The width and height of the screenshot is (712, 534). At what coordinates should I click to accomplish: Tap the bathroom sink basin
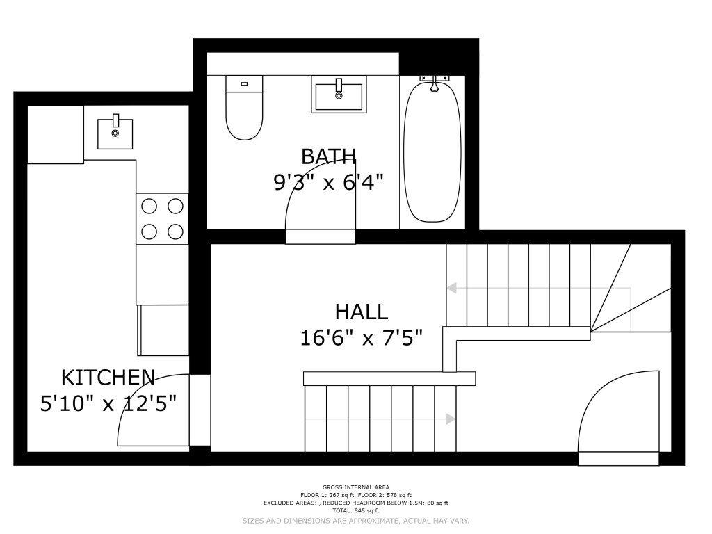pos(339,94)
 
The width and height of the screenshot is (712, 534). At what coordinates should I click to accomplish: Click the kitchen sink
pos(115,133)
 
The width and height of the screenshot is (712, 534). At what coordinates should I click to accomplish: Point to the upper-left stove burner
pos(149,206)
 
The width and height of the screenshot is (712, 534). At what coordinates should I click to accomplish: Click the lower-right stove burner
pos(175,232)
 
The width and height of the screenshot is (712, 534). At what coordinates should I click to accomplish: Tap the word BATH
pos(328,156)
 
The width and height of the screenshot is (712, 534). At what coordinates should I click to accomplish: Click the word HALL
pos(362,312)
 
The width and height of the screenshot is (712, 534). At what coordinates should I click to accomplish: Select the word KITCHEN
pos(108,378)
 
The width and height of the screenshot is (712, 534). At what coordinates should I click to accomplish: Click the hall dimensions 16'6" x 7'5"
pos(362,339)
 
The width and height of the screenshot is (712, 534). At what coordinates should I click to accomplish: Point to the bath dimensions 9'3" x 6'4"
pos(328,183)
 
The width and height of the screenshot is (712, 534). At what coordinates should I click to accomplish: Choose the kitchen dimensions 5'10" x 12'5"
pos(108,403)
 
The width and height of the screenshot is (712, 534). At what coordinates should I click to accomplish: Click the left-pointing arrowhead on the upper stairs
pos(451,288)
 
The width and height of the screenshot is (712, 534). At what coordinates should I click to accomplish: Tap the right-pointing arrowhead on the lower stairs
pos(451,419)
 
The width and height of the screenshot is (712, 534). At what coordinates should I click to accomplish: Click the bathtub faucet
pos(435,83)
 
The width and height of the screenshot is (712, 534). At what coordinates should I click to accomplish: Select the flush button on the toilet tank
pos(244,83)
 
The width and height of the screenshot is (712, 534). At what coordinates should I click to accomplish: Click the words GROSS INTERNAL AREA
pos(355,487)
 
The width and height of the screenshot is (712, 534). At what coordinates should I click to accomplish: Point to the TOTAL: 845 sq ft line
pos(355,511)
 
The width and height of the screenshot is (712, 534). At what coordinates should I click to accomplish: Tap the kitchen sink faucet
pos(115,120)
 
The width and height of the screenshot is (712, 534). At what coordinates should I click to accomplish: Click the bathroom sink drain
pos(339,96)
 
